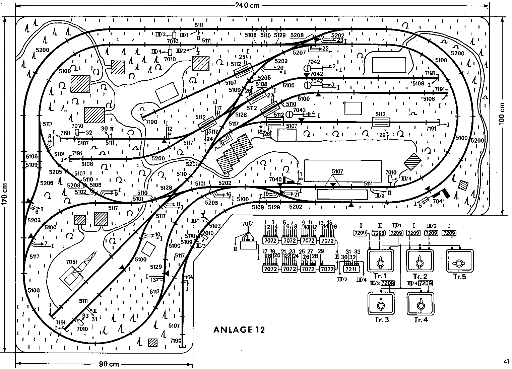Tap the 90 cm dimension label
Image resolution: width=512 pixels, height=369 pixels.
click(x=109, y=364)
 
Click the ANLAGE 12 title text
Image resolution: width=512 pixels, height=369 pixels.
click(x=239, y=330)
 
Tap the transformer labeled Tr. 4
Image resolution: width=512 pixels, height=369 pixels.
click(x=420, y=304)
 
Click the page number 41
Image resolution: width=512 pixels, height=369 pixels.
click(x=506, y=361)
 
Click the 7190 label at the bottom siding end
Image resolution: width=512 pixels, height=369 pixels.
click(x=175, y=341)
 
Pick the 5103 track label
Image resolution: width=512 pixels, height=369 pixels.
click(x=215, y=226)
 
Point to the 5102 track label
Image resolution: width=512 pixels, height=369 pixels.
click(x=80, y=192)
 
